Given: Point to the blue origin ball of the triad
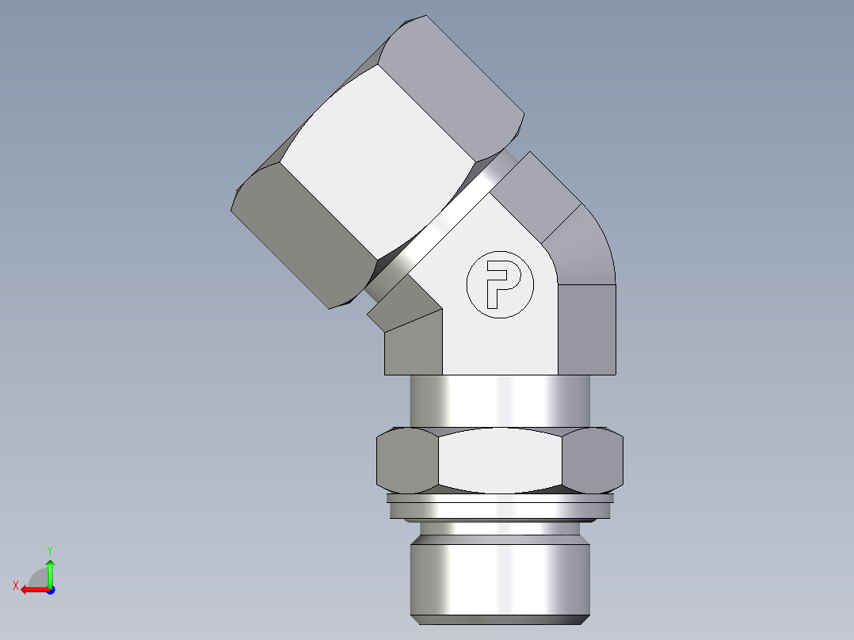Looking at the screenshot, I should [50, 589].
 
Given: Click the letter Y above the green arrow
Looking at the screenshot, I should [50, 550].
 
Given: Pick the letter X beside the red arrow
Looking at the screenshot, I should [15, 586].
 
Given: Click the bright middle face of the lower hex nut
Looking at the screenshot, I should [501, 460].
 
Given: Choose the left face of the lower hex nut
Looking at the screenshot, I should [406, 460].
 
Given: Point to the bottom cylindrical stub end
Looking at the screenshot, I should [499, 574].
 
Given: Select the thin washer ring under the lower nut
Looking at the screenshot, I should [499, 507].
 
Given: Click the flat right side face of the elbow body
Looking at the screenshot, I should [586, 329].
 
